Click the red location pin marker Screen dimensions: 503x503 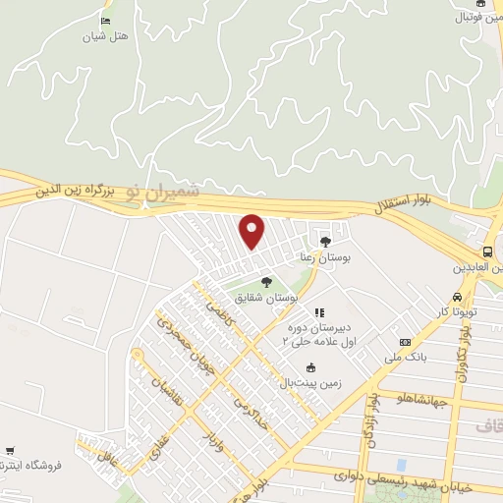pos(253,231)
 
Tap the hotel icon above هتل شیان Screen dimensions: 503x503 pos(105,21)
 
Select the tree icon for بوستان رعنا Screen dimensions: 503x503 pos(325,240)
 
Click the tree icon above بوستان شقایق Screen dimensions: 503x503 pos(267,283)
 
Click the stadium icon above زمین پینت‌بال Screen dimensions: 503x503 pos(309,368)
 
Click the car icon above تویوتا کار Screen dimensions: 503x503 pos(457,298)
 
